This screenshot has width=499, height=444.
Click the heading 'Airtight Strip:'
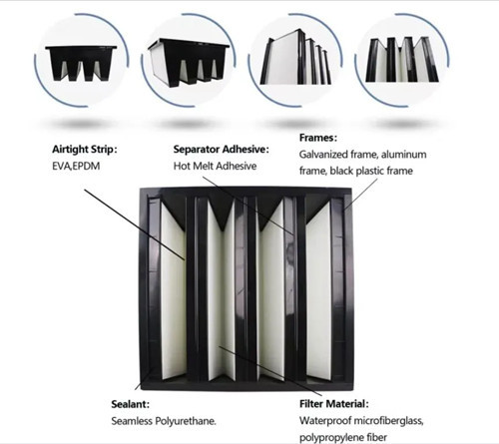tap(85, 150)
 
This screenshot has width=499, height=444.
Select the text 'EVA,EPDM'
tap(76, 166)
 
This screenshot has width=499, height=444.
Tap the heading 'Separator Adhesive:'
tap(221, 150)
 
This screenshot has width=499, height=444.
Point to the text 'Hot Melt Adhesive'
tap(215, 166)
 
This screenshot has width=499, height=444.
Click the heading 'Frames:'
tap(318, 138)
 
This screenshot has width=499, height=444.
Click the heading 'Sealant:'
tap(131, 404)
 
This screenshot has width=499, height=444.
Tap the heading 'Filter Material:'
tap(334, 404)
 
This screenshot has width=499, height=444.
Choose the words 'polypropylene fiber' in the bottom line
tap(343, 437)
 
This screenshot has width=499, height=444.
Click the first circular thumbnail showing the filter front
tap(82, 60)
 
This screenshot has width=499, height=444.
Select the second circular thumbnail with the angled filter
tap(189, 60)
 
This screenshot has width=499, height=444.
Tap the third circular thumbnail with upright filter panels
tap(295, 60)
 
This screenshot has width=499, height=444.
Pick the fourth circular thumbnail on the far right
tap(402, 60)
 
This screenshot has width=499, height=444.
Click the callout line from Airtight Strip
tap(135, 224)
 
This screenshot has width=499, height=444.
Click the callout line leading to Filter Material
tap(270, 371)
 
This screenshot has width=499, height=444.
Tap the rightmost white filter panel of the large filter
tap(318, 290)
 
